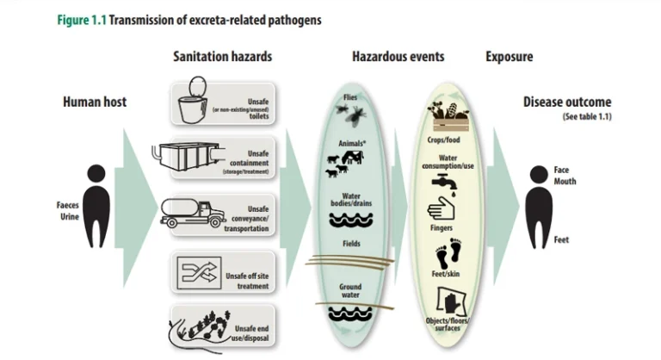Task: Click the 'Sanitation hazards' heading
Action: point(223,58)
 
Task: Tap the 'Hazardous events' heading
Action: point(398,58)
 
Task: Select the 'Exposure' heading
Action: point(509,58)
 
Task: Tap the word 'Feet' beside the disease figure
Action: point(561,240)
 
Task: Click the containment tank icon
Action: point(186,156)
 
